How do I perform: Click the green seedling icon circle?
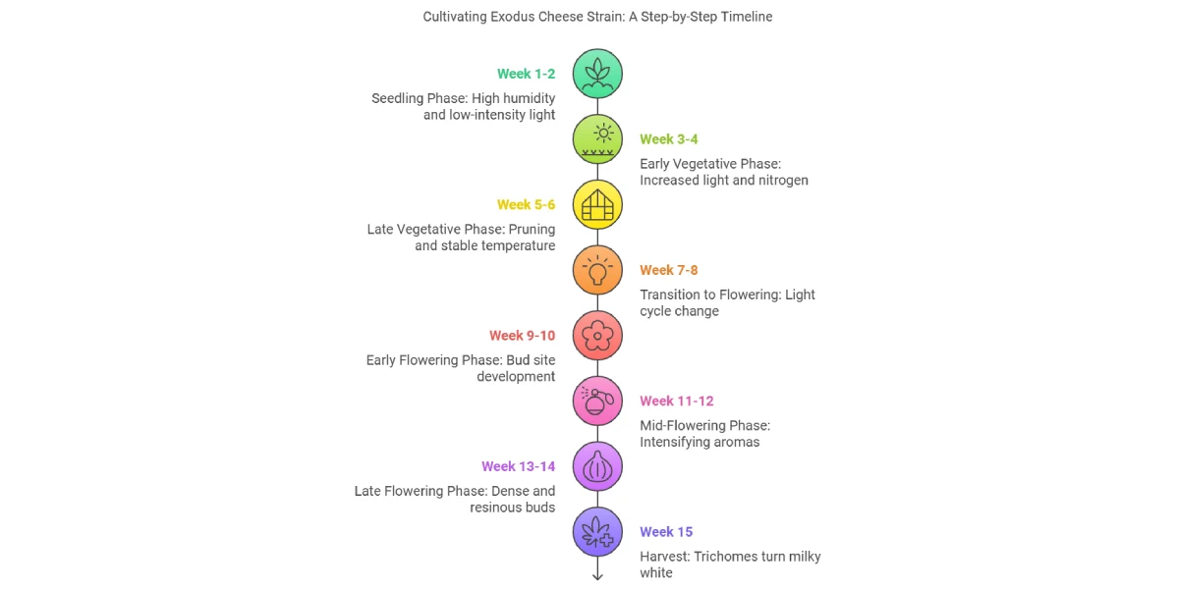pos(597,74)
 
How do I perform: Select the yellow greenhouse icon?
pos(597,204)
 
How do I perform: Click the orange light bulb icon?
pos(597,270)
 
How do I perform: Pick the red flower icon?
pos(597,336)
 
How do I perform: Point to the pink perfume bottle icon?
pos(597,402)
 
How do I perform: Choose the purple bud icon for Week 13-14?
pos(597,466)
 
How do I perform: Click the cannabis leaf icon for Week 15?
pos(597,532)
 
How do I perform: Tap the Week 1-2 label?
pos(526,74)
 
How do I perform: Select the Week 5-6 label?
pos(526,204)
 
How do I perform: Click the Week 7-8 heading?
pos(668,270)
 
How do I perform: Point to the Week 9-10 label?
pos(522,336)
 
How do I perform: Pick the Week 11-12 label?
pos(676,402)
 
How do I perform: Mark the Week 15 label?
pos(666,532)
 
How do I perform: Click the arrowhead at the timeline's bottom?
pos(597,576)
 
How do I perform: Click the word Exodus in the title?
pos(512,17)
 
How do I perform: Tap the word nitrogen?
pos(783,181)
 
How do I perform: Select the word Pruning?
pos(532,230)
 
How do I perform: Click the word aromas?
pos(736,443)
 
